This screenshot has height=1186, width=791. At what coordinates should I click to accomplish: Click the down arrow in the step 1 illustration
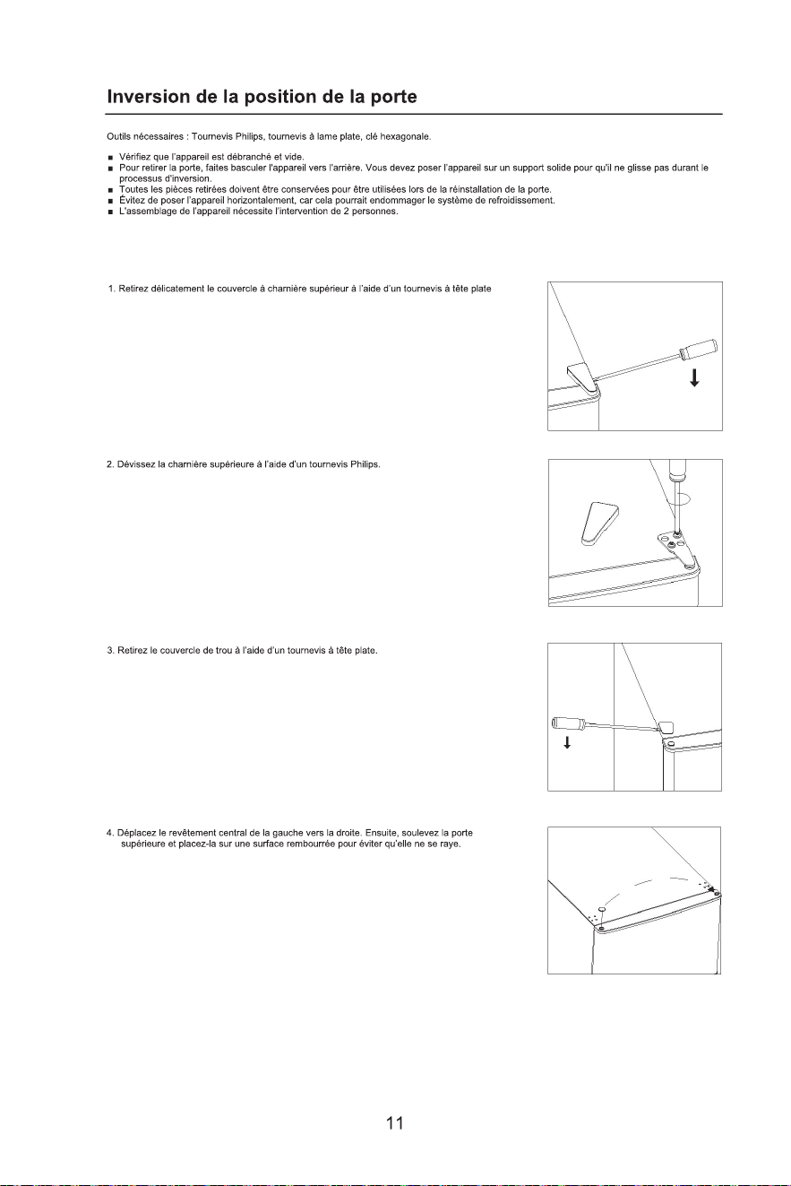click(695, 378)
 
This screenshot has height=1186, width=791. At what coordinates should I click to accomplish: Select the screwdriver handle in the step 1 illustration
click(699, 349)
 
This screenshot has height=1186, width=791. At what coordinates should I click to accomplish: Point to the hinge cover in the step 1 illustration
click(581, 377)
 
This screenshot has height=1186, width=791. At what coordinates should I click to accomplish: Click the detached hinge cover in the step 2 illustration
click(599, 524)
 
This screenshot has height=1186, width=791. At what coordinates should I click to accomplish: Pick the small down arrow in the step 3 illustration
click(567, 743)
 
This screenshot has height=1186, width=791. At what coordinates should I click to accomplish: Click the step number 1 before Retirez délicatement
click(111, 289)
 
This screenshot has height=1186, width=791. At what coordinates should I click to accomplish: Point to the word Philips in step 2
click(365, 464)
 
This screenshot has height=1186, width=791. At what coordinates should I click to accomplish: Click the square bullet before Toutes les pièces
click(110, 190)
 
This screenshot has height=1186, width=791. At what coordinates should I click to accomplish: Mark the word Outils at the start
click(118, 136)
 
